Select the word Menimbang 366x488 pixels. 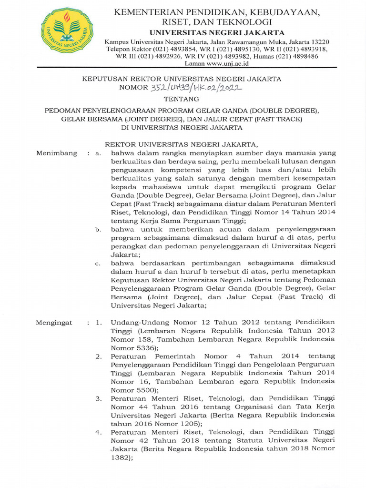click(56, 153)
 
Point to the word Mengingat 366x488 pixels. click(54, 323)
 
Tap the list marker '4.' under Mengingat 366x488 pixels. click(98, 432)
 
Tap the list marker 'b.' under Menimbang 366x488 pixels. click(98, 229)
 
